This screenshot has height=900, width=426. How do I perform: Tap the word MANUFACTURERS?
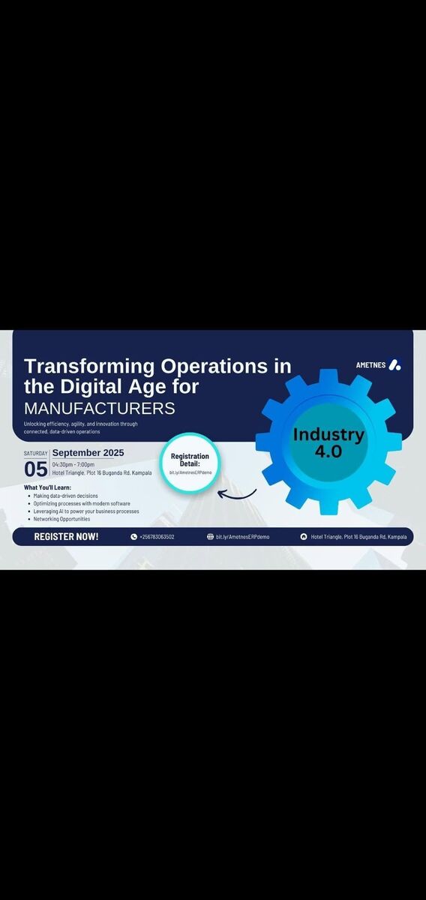(100, 408)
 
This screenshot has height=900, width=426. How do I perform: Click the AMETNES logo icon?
(394, 364)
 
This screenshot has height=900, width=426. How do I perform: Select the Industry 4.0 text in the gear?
(328, 442)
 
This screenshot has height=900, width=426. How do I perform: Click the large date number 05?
(36, 469)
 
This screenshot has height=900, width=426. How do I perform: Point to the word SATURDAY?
(35, 453)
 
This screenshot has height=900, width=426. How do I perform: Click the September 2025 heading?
(88, 453)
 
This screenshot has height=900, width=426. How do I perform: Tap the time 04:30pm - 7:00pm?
(73, 465)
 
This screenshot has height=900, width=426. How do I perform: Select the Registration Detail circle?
(190, 463)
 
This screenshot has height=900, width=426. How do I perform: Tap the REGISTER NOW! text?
(66, 536)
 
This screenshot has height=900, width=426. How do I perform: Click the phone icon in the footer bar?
(133, 537)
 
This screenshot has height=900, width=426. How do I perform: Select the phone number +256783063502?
(157, 537)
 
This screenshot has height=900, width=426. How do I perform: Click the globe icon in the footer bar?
(210, 536)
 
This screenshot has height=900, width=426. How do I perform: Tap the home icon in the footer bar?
(304, 537)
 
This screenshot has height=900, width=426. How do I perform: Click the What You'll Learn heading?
(47, 487)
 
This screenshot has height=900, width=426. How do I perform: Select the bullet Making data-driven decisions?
(65, 496)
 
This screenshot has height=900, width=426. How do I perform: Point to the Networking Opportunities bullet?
(61, 519)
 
